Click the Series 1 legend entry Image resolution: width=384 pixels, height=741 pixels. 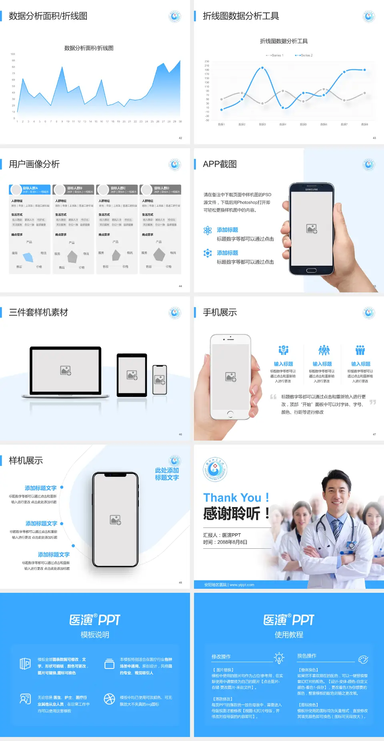275,55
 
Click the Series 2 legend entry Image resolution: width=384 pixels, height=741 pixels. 304,55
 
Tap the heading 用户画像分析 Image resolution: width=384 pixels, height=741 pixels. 34,164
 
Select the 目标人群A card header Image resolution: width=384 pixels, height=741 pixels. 30,189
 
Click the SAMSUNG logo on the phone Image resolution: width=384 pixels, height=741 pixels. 311,189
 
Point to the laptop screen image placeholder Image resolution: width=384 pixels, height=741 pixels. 66,370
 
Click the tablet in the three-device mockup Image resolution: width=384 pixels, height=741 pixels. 132,375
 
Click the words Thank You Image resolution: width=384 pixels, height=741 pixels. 232,497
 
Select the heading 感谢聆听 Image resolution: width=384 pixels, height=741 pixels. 232,513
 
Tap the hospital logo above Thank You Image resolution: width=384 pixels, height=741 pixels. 215,469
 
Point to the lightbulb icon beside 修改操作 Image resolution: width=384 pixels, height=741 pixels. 279,657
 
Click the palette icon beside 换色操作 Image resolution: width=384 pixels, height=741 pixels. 363,659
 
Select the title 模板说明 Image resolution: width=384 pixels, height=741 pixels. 95,635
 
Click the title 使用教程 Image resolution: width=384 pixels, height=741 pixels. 289,635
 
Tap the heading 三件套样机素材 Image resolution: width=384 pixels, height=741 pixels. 38,312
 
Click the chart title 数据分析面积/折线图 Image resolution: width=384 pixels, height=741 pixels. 89,48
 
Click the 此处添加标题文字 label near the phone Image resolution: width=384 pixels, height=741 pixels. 167,474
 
